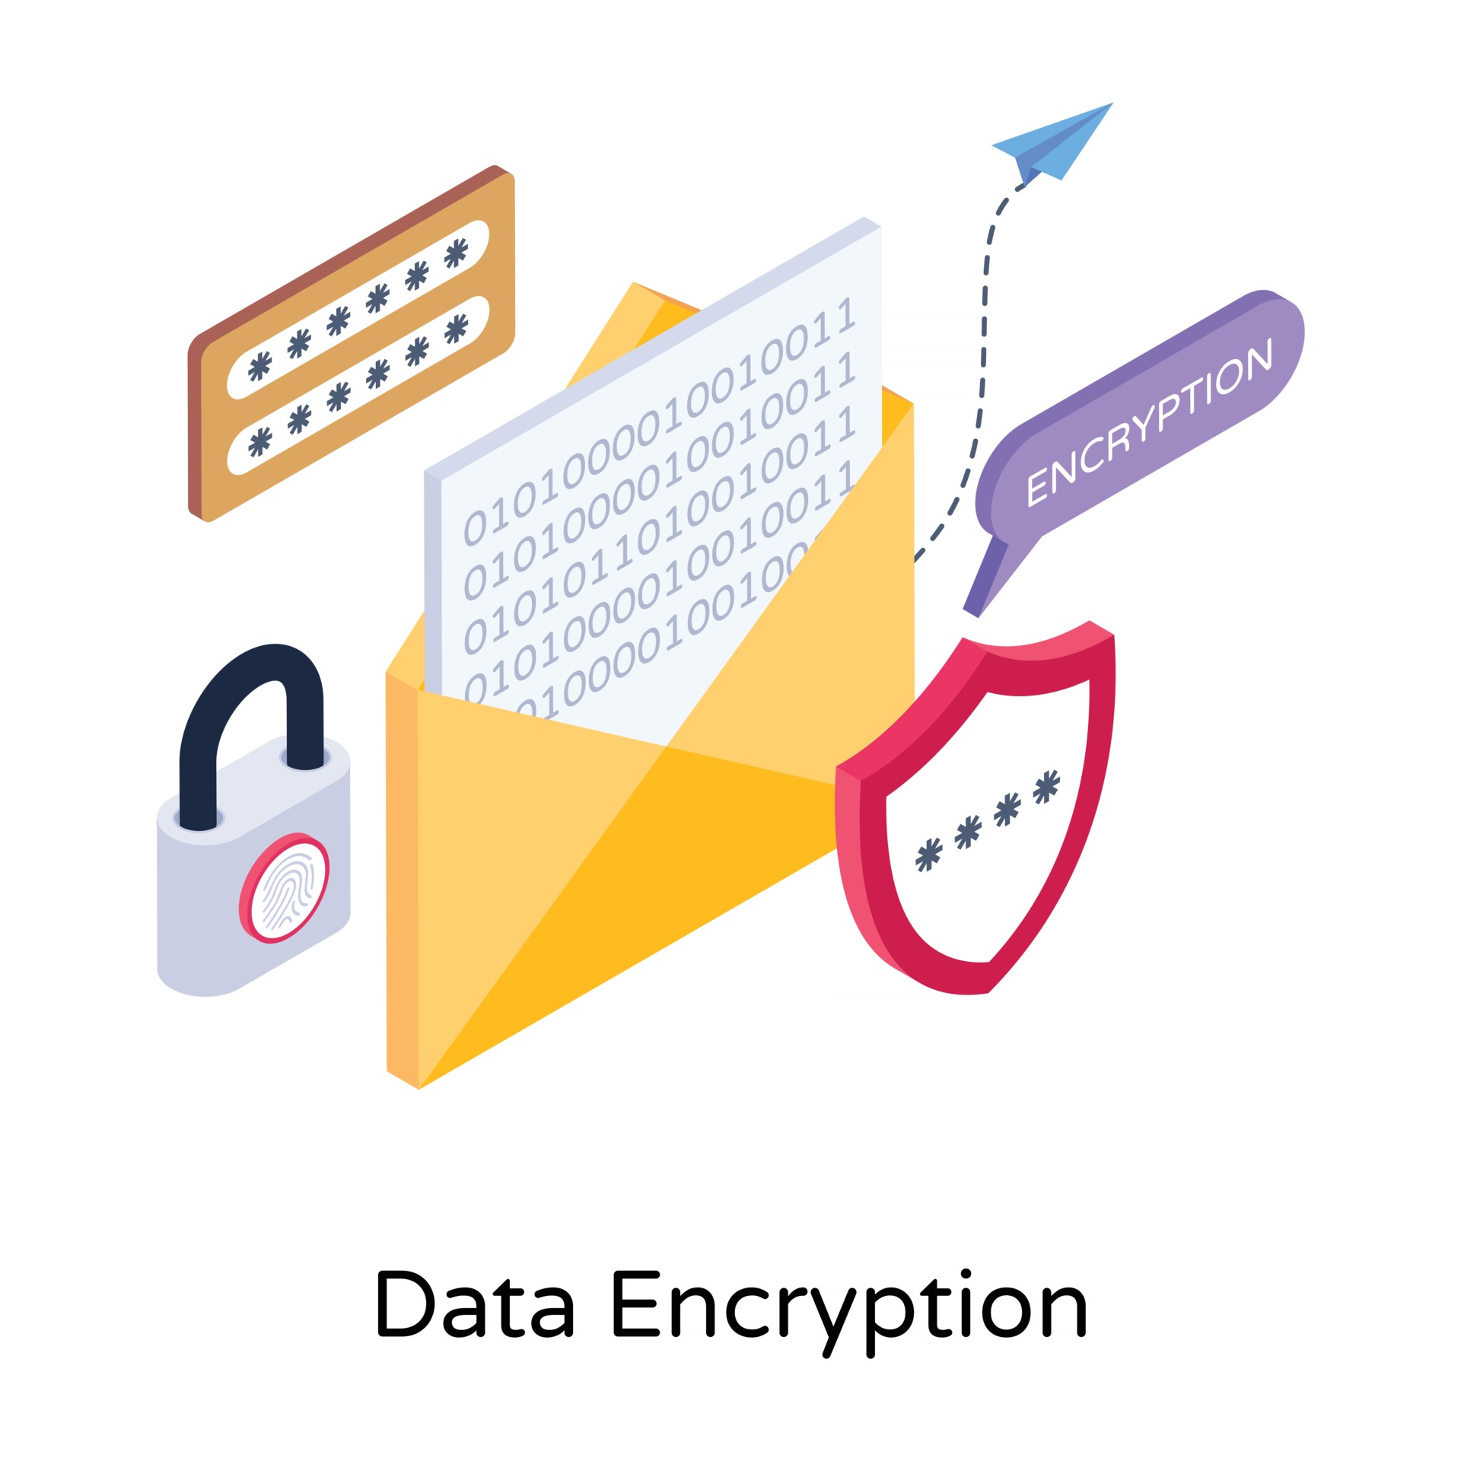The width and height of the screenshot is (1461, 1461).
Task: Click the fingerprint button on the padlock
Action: point(285,888)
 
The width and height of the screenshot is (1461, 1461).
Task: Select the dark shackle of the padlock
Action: point(251,700)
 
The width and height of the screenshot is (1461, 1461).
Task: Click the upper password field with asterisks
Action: point(358,310)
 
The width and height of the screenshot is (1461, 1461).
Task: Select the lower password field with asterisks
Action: point(358,385)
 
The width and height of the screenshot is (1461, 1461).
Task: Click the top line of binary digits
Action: point(659,423)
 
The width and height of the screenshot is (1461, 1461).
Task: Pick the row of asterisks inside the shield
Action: point(988,821)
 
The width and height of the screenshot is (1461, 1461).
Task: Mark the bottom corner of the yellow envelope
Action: point(419,1088)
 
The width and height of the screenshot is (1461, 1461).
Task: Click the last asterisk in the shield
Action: point(1047,786)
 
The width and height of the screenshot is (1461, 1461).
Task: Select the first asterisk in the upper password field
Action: point(259,366)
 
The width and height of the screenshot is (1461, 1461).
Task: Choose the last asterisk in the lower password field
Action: point(456,329)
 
